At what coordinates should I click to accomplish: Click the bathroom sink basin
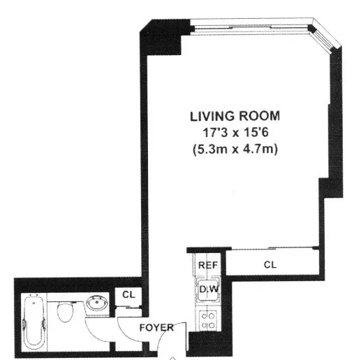click(x=96, y=305)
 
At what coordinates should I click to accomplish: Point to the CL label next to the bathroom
click(x=128, y=295)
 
